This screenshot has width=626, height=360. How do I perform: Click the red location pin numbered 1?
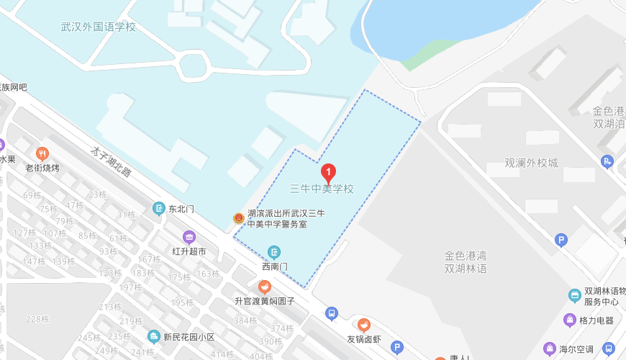328,173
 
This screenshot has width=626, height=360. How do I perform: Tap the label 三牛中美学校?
322,189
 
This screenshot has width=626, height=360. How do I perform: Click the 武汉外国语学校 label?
99,27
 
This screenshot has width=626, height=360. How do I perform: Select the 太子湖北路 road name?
111,163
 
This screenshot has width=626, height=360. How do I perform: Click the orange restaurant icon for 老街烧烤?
42,153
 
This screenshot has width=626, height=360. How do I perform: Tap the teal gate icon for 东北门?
159,209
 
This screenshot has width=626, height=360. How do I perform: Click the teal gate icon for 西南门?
274,252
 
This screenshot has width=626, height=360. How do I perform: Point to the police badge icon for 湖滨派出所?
238,218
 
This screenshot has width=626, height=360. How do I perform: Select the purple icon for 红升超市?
189,237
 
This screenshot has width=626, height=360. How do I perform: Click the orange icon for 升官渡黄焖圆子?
265,287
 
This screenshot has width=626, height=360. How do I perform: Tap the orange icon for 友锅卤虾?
364,325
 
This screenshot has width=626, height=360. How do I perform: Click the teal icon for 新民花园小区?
153,336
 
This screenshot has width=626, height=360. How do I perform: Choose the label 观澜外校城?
531,163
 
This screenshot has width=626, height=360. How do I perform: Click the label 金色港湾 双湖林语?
466,262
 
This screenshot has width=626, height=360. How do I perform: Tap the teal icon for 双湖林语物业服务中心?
574,295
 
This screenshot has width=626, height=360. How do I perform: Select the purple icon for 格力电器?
570,320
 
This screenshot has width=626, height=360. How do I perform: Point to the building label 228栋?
37,319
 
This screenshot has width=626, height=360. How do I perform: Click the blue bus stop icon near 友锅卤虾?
332,313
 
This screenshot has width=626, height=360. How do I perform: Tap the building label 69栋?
32,195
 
